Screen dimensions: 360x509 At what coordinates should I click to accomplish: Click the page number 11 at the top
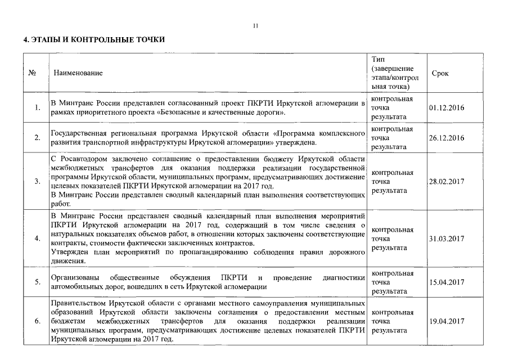pyautogui.click(x=255, y=25)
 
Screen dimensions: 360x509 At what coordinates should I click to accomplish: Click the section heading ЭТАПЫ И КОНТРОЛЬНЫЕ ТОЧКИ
pyautogui.click(x=93, y=40)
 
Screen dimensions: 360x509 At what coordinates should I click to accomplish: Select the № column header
pyautogui.click(x=32, y=73)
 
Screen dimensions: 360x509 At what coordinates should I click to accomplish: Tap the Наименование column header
pyautogui.click(x=78, y=73)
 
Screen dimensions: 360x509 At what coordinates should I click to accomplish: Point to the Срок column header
pyautogui.click(x=440, y=74)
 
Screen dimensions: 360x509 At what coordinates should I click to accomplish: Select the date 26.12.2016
pyautogui.click(x=447, y=138)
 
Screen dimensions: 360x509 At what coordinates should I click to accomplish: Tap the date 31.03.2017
pyautogui.click(x=447, y=238)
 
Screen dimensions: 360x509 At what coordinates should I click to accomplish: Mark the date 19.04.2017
pyautogui.click(x=447, y=321)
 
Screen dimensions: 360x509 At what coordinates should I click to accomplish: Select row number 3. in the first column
pyautogui.click(x=37, y=181)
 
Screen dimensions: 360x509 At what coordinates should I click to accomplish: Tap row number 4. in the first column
pyautogui.click(x=37, y=238)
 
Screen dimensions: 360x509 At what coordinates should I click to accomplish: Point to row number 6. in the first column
pyautogui.click(x=37, y=321)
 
